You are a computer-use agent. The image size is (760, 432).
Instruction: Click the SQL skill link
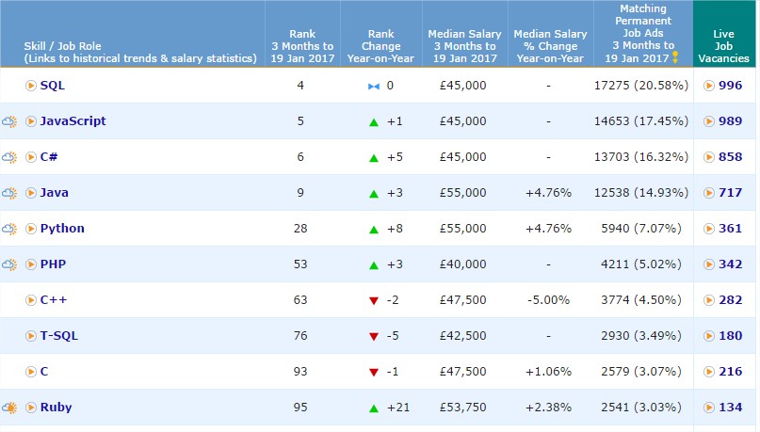tap(53, 86)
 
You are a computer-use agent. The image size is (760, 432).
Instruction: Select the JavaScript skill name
tap(73, 121)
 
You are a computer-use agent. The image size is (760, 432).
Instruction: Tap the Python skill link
tap(62, 229)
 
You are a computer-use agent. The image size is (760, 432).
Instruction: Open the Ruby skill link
tap(56, 408)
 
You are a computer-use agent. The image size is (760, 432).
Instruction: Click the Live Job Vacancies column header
tap(723, 46)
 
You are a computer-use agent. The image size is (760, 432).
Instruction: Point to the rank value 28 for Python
tap(300, 229)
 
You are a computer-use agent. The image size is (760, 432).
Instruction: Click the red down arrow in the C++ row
tap(374, 301)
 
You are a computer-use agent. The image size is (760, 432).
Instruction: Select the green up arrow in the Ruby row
tap(374, 408)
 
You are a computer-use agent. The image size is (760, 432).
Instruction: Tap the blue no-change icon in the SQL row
tap(374, 87)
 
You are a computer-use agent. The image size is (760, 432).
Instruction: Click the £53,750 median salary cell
tap(463, 408)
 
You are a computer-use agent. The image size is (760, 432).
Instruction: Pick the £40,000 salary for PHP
tap(463, 264)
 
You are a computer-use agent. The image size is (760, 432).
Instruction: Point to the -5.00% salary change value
tap(549, 300)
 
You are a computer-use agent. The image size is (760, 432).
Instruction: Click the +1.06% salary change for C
tap(549, 372)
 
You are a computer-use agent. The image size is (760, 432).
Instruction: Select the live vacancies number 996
tap(731, 86)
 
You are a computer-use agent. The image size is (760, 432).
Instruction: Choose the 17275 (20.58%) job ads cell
tap(641, 86)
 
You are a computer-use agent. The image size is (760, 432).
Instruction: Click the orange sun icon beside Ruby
tap(9, 408)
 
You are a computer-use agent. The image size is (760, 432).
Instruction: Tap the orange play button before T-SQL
tap(30, 336)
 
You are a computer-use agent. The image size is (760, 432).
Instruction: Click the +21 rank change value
tap(398, 408)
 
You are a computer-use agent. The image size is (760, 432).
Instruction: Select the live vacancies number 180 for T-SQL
tap(731, 336)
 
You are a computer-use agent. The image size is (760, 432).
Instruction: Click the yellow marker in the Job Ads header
tap(675, 57)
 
